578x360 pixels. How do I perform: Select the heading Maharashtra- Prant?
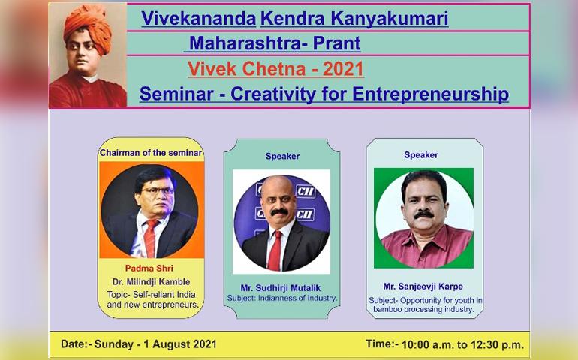275,43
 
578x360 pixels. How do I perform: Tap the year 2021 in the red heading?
343,68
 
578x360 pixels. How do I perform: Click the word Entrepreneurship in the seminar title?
431,94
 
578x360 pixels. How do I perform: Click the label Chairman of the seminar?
151,153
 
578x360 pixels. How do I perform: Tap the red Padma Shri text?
149,268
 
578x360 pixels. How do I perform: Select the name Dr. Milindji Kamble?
151,282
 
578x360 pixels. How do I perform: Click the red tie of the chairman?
150,238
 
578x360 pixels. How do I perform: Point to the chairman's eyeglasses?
158,191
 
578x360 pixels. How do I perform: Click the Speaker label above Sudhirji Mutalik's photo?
282,157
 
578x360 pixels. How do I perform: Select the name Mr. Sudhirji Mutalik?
281,288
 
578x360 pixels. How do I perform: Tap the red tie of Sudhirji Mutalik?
275,250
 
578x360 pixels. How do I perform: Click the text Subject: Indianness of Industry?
282,298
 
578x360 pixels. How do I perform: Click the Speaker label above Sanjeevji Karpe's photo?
421,155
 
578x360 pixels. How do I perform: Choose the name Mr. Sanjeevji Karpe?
423,286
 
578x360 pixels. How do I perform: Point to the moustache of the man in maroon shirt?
424,214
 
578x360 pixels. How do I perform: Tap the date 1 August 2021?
180,344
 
